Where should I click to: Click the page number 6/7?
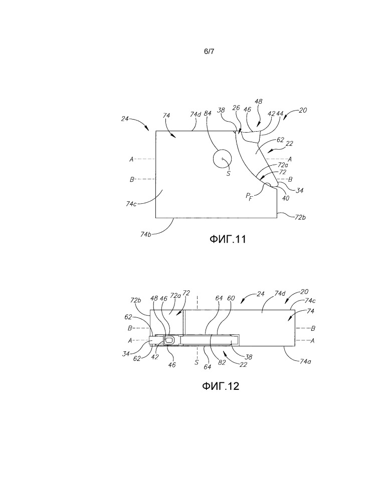[x=209, y=52]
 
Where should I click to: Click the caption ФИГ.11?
[x=228, y=239]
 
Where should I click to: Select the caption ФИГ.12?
[x=221, y=386]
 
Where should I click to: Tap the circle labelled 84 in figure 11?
[x=222, y=159]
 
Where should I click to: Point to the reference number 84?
[x=208, y=113]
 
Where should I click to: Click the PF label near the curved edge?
[x=249, y=196]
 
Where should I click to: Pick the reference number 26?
[x=236, y=108]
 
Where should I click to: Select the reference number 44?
[x=280, y=114]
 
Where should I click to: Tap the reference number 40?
[x=286, y=198]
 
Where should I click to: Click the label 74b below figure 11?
[x=146, y=234]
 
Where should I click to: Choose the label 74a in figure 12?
[x=306, y=361]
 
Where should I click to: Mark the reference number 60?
[x=231, y=298]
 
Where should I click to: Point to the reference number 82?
[x=222, y=362]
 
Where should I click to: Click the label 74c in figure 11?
[x=131, y=204]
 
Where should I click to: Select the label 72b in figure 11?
[x=300, y=218]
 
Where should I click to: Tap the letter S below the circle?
[x=228, y=174]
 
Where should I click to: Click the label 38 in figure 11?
[x=221, y=110]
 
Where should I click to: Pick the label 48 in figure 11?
[x=259, y=102]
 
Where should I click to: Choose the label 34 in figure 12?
[x=126, y=354]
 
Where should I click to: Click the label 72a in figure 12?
[x=175, y=296]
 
